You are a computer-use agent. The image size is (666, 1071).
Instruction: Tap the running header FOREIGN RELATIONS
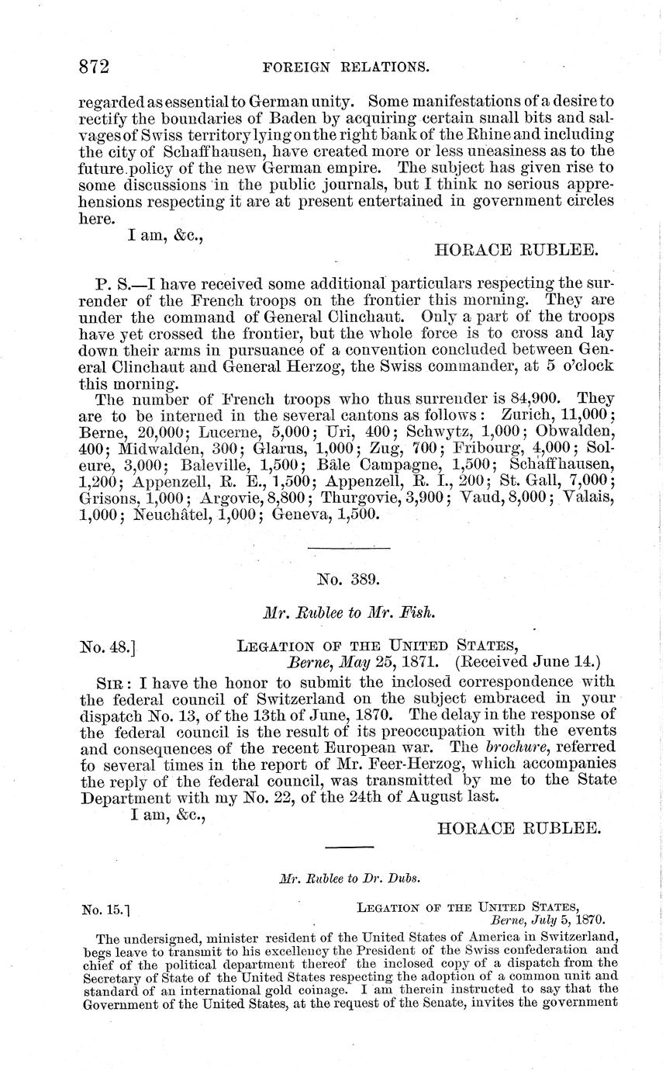pos(347,68)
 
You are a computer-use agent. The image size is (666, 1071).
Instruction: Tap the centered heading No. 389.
pos(347,577)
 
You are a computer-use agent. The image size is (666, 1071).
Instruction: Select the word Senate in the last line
pos(419,1001)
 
